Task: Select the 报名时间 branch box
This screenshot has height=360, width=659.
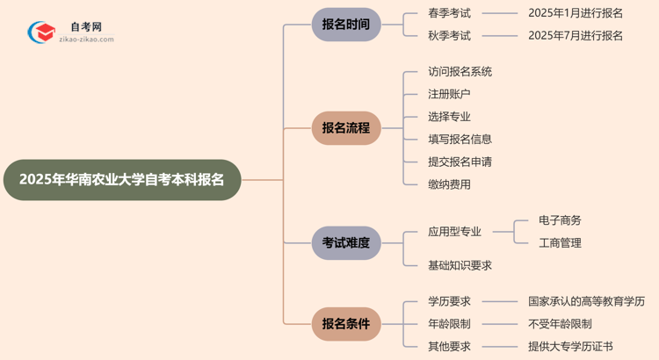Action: (346, 25)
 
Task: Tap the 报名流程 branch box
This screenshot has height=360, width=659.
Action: (346, 128)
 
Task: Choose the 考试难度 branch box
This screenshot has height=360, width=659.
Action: (346, 242)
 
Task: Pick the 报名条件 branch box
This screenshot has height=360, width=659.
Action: (346, 324)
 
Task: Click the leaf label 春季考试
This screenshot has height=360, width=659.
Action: (449, 13)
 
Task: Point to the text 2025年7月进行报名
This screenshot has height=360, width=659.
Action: (576, 36)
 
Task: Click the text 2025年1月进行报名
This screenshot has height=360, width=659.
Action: (576, 13)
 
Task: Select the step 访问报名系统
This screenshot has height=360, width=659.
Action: (460, 72)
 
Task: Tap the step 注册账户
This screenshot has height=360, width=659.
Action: (449, 94)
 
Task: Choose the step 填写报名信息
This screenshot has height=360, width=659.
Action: (460, 139)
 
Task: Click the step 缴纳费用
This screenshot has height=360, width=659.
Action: (449, 184)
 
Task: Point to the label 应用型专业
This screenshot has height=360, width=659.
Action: (454, 232)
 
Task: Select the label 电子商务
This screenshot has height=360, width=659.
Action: (560, 220)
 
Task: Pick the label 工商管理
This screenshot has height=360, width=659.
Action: (560, 243)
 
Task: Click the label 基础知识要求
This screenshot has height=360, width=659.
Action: (460, 265)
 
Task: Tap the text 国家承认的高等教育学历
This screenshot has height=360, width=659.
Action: (586, 301)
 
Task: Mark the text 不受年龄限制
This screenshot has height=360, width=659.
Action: (560, 324)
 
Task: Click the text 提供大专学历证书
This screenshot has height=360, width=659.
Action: (570, 346)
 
